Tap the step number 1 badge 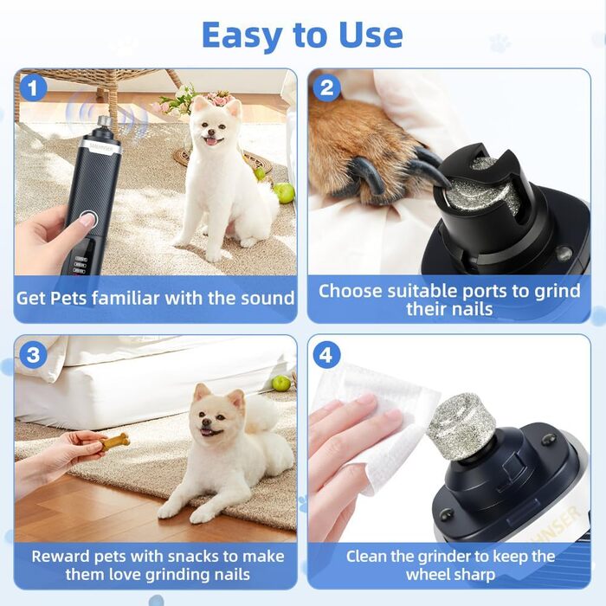[33, 87]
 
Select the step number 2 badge [327, 87]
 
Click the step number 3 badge [33, 355]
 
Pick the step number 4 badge [327, 355]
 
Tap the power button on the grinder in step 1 [88, 220]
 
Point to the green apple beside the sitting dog [285, 192]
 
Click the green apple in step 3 [281, 383]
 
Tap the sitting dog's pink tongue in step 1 [211, 141]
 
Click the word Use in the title [371, 35]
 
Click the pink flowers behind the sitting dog [219, 97]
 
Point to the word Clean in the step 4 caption [366, 557]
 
